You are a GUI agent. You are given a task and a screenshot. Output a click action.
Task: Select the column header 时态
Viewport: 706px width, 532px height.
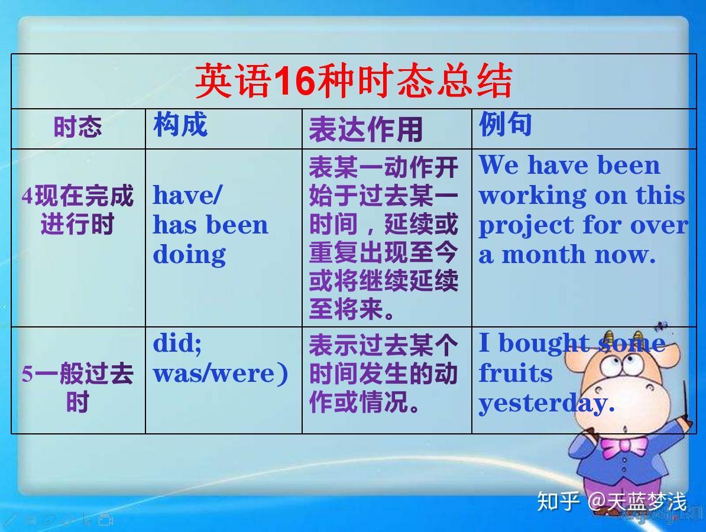pos(78,126)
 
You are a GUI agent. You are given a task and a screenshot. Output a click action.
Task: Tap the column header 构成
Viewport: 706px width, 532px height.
pos(180,124)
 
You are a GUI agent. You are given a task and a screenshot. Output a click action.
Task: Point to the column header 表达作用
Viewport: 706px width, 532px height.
pos(365,129)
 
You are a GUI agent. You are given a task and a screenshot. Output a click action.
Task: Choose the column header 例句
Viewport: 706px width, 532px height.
pos(505,124)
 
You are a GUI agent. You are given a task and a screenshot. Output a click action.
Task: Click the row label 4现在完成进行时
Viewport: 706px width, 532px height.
pos(78,210)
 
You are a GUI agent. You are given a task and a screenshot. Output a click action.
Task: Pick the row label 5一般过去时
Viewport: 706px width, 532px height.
pos(78,387)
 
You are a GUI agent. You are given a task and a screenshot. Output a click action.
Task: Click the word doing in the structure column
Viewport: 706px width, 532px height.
pos(189,255)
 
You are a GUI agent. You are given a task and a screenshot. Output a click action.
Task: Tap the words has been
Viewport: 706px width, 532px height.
pos(210,225)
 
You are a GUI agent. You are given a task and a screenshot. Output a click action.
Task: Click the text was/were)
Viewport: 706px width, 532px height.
pos(220,374)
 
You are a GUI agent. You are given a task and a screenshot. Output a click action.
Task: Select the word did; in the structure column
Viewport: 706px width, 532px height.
pos(177,344)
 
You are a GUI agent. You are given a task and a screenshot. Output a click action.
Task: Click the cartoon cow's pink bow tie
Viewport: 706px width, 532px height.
pos(624,446)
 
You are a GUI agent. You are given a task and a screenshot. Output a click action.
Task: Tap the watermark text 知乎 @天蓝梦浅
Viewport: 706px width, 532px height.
pos(612,501)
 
